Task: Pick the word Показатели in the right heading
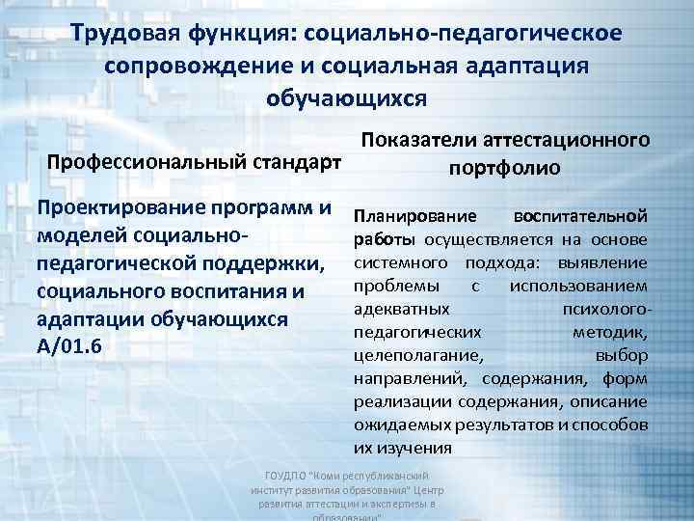pyautogui.click(x=421, y=141)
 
